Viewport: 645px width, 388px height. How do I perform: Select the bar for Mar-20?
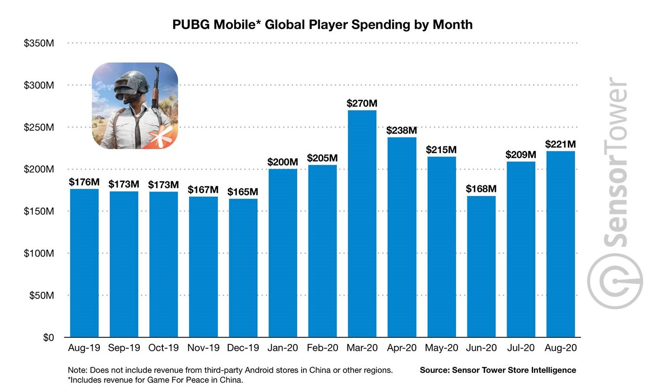coord(362,224)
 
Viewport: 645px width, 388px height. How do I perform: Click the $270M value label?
coord(362,103)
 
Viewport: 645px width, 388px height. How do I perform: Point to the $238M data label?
coord(402,131)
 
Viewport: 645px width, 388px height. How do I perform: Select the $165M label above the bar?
coord(243,192)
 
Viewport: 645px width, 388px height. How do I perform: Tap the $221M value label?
coord(560,144)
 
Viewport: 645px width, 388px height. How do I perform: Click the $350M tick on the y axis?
coord(39,43)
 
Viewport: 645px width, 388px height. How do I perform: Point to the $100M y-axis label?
coord(39,253)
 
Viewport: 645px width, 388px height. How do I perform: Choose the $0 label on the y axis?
coord(48,337)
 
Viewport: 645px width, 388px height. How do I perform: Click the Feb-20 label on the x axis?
coord(322,348)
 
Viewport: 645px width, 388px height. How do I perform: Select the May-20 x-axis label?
coord(441,348)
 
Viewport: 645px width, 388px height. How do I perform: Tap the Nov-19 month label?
coord(203,348)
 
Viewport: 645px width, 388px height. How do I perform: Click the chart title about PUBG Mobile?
coord(322,24)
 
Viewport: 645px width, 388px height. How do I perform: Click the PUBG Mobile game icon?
coord(135,106)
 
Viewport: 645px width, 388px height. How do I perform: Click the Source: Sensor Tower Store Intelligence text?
coord(498,370)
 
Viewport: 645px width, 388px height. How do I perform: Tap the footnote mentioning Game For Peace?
coord(155,380)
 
